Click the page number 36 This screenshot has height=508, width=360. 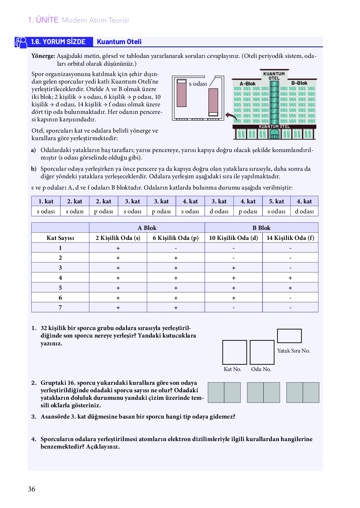point(32,489)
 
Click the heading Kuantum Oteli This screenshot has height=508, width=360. point(119,42)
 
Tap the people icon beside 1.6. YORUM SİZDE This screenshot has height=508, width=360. point(21,42)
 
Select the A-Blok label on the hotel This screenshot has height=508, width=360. point(247,84)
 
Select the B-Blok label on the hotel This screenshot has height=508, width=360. point(299,83)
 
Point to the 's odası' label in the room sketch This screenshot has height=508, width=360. point(198,84)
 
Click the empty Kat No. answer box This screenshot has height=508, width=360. point(234,352)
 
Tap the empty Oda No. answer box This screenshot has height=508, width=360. point(262,352)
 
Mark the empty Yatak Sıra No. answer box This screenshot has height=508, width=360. point(289,336)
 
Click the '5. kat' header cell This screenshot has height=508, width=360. point(276,201)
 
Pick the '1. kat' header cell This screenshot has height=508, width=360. point(46,201)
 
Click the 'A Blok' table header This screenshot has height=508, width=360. point(147,228)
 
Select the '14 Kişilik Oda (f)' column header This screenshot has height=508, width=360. point(290,238)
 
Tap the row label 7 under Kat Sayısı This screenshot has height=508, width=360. point(60,307)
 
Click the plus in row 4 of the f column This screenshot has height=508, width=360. point(290,278)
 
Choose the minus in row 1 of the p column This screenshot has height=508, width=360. point(176,248)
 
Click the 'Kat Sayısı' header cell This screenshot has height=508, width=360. point(60,238)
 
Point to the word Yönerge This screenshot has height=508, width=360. point(43,56)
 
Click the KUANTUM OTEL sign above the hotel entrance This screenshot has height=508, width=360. point(274,127)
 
